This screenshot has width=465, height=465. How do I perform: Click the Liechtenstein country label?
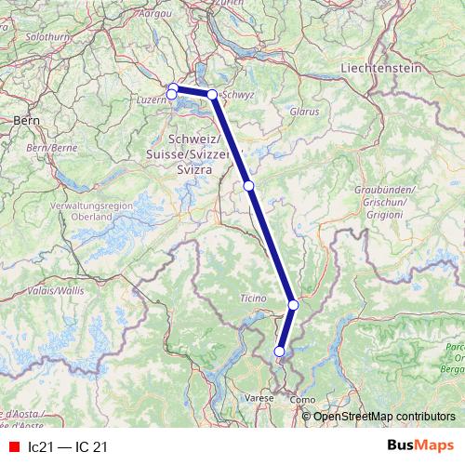381,68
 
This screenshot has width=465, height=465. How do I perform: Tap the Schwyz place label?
240,95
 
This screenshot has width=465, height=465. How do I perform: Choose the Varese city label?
259,398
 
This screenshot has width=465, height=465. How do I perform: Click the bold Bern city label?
25,120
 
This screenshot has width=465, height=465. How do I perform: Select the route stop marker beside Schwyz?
212,95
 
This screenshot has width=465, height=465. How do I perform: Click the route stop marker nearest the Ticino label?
293,304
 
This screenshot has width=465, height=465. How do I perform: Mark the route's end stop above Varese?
279,351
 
